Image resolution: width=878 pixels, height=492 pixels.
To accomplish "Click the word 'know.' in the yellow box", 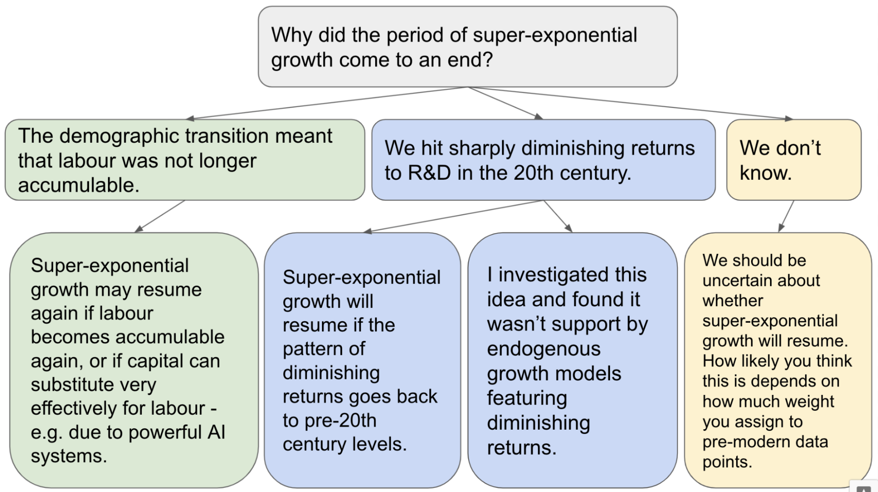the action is [766, 173].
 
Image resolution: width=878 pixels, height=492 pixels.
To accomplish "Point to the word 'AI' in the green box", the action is [216, 432].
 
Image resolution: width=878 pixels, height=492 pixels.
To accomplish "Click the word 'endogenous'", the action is [544, 349].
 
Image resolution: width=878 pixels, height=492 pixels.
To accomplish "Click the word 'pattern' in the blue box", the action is [312, 349].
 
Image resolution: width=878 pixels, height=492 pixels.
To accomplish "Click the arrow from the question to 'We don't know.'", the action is [630, 103].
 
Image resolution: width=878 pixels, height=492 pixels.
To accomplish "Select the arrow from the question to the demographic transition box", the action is [327, 103].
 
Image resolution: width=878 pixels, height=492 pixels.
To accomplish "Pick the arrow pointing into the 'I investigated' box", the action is [558, 216].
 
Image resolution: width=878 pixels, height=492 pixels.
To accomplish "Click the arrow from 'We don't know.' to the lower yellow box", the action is [786, 216].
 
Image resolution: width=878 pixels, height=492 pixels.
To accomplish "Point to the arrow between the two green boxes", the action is [160, 216].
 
